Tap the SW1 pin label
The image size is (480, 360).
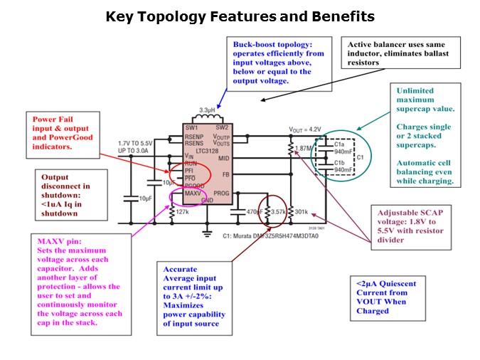point(191,128)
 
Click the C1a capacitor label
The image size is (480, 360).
point(339,144)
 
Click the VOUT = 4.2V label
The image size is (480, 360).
point(306,130)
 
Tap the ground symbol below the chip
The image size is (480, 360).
point(207,232)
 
